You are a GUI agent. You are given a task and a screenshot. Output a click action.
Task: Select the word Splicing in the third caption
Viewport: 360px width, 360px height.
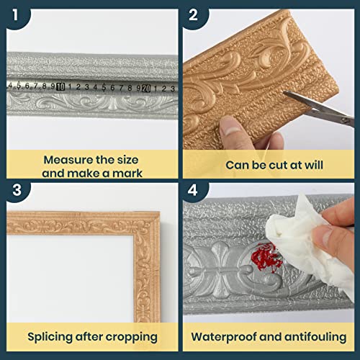51,336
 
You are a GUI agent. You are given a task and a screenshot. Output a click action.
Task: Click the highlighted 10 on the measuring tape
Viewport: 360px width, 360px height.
61,87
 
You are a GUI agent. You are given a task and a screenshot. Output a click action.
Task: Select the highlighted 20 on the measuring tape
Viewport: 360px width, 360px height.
146,88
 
